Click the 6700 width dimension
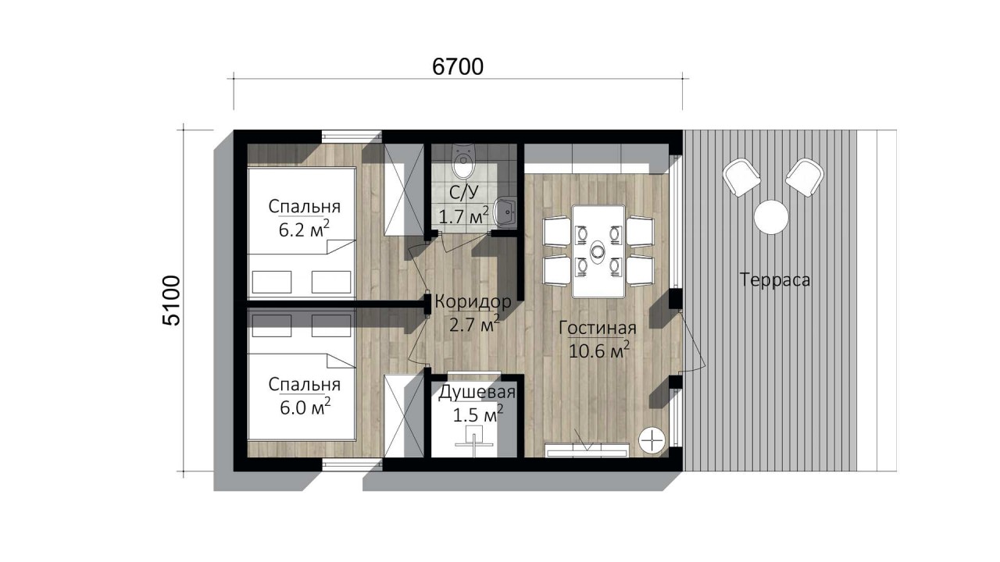pos(458,67)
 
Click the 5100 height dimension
pos(172,301)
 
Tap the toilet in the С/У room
pos(464,161)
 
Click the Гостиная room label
pos(598,328)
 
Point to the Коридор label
pos(473,302)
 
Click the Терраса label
pos(775,279)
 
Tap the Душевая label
pos(477,393)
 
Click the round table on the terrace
pos(771,217)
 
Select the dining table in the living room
pos(598,251)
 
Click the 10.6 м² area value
pos(599,350)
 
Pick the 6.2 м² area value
pos(305,229)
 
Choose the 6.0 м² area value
pos(305,407)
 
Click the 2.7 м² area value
pos(474,324)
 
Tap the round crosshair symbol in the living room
pos(652,441)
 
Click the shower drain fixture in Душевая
pos(473,439)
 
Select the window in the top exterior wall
pos(352,136)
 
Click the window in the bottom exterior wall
pos(352,464)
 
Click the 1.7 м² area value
pos(464,216)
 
